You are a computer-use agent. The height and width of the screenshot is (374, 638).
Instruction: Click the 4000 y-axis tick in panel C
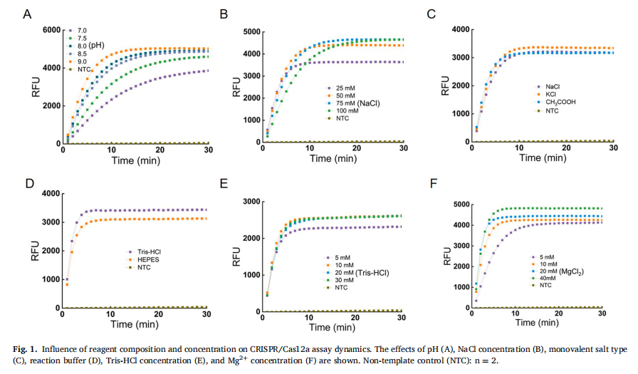[465, 30]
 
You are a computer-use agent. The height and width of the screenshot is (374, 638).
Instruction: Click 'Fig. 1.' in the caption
[26, 349]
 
